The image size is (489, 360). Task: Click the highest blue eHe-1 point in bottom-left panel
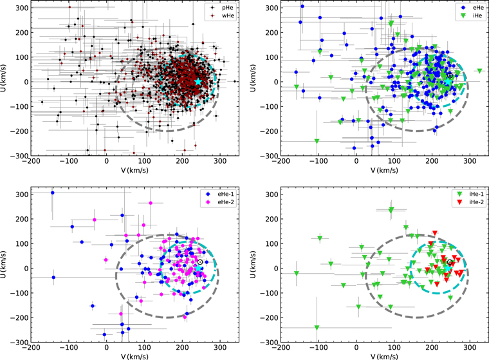click(x=53, y=193)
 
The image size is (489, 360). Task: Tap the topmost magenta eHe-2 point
click(x=151, y=204)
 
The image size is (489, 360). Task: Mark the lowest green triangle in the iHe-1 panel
click(x=317, y=328)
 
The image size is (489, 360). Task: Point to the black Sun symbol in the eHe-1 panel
click(x=201, y=262)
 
